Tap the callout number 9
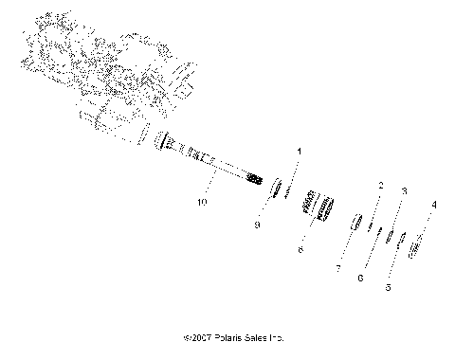click(256, 225)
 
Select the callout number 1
click(301, 152)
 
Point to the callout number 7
click(338, 269)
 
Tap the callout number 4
click(434, 230)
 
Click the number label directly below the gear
click(300, 251)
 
